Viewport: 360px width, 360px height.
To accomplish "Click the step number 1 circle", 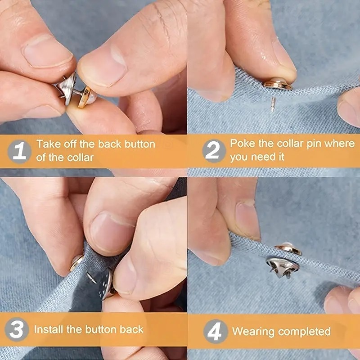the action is tap(19, 151).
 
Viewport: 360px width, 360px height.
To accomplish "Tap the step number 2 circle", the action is tap(214, 151).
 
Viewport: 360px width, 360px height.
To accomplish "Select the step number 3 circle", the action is tap(17, 329).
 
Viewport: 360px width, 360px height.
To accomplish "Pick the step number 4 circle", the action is tap(216, 331).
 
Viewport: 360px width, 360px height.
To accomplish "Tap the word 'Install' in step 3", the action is tap(49, 329).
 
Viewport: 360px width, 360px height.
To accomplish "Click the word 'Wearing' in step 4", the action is tap(253, 332).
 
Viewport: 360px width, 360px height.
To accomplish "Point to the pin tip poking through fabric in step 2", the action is tap(273, 105).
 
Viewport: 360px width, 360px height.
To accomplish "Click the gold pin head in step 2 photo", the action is tap(278, 84).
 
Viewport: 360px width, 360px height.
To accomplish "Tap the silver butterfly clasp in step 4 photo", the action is tap(283, 267).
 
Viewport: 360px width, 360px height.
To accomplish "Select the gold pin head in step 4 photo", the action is tap(288, 248).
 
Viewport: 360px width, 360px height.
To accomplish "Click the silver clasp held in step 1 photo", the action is tap(67, 88).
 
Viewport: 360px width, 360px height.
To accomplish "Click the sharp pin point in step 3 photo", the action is tap(91, 278).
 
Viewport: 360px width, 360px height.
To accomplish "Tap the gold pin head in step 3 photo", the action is tap(76, 262).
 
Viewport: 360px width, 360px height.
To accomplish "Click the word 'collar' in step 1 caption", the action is tap(81, 158).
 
